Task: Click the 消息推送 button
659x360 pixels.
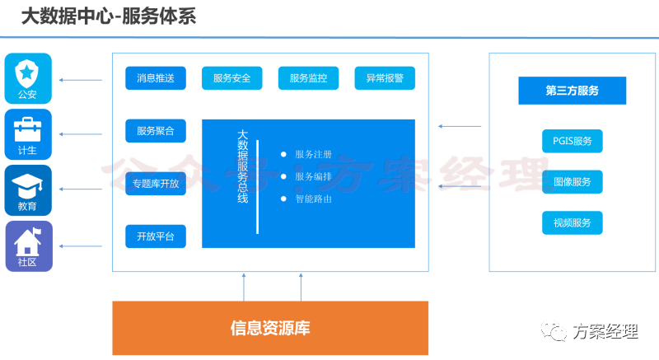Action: [156, 78]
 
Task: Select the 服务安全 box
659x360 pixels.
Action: [231, 78]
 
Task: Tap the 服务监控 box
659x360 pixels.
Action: [308, 78]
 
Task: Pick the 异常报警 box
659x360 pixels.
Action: [385, 78]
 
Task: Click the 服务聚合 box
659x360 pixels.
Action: [156, 131]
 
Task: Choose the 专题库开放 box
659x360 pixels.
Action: [156, 184]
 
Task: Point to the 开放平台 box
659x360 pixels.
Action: [156, 236]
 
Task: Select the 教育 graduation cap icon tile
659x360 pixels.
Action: [28, 190]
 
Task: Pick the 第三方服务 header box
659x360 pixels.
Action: [572, 91]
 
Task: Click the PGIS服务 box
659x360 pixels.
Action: [572, 141]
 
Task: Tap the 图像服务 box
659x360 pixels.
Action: [572, 181]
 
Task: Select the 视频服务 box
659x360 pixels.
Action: [572, 222]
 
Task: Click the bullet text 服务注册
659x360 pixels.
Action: [313, 154]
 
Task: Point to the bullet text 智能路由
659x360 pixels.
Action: [313, 199]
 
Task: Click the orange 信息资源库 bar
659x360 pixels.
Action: [270, 328]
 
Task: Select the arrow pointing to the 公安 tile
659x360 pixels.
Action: [82, 80]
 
